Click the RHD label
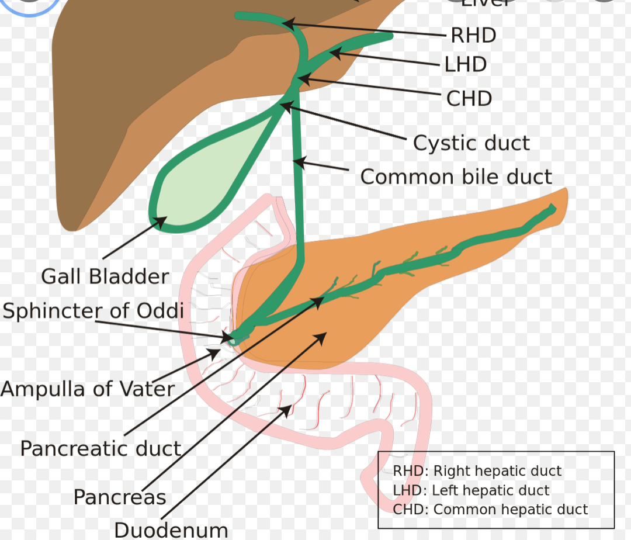[x=473, y=35]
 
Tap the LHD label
[x=466, y=64]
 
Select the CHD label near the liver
[x=469, y=98]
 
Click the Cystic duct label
[x=471, y=143]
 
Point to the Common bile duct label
[x=456, y=176]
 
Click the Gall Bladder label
[x=105, y=276]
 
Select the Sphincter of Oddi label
[x=93, y=310]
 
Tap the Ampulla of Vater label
[x=88, y=389]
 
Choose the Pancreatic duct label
[x=100, y=448]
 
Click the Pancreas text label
[x=120, y=497]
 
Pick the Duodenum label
[x=171, y=530]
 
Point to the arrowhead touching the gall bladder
[x=161, y=221]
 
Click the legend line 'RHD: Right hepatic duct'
[x=477, y=471]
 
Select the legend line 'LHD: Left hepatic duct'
[x=471, y=490]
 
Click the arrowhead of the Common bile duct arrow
[x=298, y=161]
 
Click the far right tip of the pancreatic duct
[x=552, y=208]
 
